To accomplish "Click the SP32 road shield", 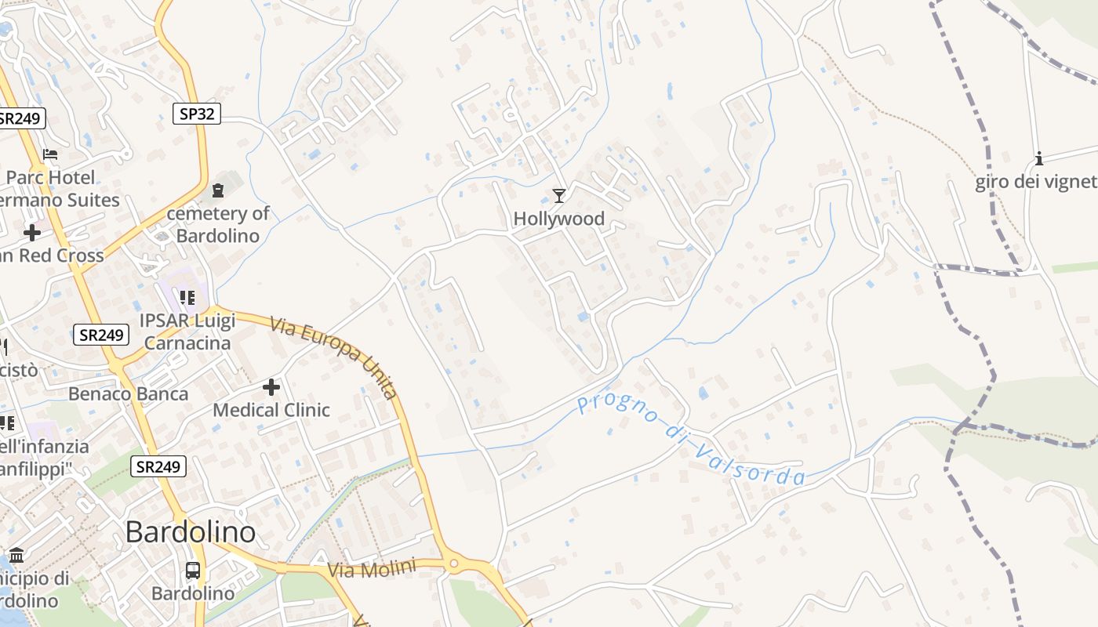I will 197,114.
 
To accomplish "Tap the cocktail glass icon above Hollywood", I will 558,195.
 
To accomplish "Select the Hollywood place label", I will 558,219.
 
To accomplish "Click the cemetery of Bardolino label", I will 217,224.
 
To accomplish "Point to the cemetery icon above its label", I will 217,190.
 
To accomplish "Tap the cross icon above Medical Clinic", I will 271,387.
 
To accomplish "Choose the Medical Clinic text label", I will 271,410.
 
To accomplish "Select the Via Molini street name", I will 371,569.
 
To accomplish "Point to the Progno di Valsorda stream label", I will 690,440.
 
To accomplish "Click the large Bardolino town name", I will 190,532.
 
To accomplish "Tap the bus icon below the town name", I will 193,571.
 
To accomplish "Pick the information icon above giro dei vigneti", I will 1039,159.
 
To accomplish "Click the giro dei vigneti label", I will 1035,183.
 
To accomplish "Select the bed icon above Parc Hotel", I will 50,154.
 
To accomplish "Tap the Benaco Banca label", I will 129,393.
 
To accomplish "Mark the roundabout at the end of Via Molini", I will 453,563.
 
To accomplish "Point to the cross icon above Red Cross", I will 32,233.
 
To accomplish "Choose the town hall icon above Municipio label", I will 16,556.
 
